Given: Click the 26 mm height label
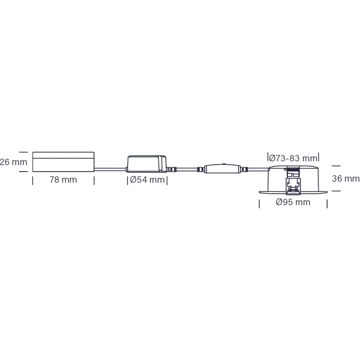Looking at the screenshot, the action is (x=13, y=162).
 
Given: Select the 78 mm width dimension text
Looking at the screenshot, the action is (x=63, y=180).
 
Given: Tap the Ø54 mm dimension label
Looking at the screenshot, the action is (x=147, y=180).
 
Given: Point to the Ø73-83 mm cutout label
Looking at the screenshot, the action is (x=293, y=158).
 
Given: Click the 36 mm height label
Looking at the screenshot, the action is (x=346, y=179).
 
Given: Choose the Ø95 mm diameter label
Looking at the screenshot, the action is (x=293, y=202).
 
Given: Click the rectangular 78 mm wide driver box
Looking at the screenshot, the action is (x=63, y=162).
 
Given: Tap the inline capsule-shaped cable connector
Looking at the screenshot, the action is (x=222, y=169).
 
